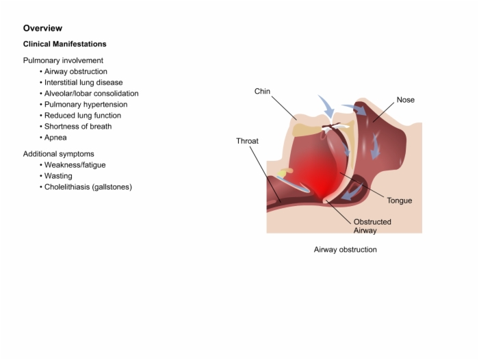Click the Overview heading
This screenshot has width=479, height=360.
[x=42, y=28]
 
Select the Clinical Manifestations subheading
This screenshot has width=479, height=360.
[x=65, y=44]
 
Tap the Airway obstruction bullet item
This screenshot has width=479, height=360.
[x=76, y=71]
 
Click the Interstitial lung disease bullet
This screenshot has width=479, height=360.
[x=83, y=83]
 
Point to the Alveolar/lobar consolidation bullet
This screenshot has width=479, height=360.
[x=91, y=94]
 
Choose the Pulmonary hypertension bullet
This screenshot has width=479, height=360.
[x=86, y=105]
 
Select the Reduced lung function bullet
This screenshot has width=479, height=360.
[x=83, y=116]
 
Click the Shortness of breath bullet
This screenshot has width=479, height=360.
[x=78, y=127]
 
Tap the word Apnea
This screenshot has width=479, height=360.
[x=55, y=138]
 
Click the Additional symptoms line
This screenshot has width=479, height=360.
[x=59, y=154]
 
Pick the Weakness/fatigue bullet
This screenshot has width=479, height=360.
[x=75, y=165]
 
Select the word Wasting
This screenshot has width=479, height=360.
[x=58, y=176]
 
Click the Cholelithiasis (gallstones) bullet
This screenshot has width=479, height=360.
[x=88, y=187]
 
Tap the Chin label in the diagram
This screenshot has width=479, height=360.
[x=262, y=92]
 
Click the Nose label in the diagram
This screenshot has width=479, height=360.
[x=405, y=100]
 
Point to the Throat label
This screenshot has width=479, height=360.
[x=247, y=141]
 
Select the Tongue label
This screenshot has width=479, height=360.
[x=399, y=201]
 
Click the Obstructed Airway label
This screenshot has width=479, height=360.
[x=372, y=226]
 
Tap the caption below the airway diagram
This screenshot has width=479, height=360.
[x=345, y=250]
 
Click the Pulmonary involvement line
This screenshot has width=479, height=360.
[x=63, y=60]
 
